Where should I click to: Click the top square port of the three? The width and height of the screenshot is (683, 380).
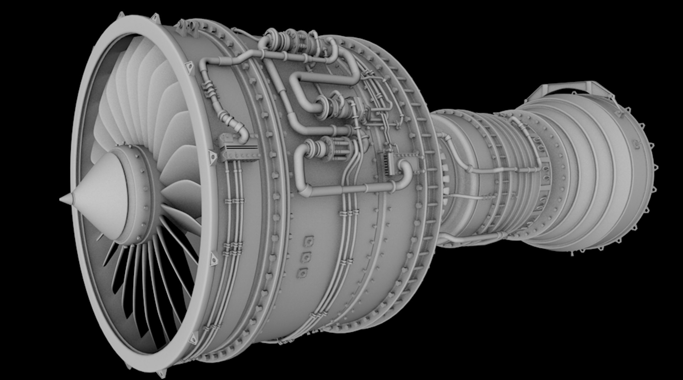pyautogui.click(x=309, y=241)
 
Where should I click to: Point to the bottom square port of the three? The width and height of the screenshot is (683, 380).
pyautogui.click(x=303, y=273)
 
